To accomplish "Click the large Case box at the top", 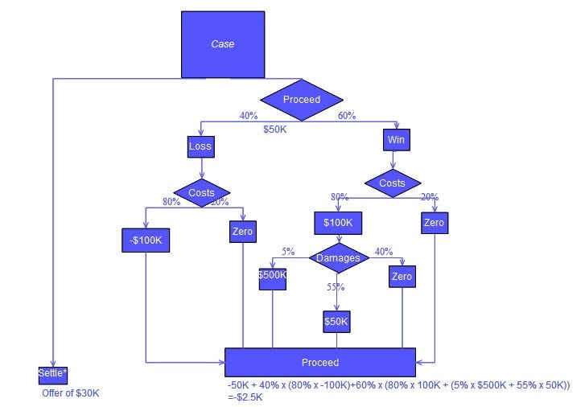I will click(x=222, y=44).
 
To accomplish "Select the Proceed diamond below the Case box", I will click(x=302, y=100).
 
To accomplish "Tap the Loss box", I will click(x=200, y=146).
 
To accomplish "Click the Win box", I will click(x=395, y=140).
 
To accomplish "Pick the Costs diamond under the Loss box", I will click(x=201, y=193).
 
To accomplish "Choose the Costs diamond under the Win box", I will click(x=392, y=183).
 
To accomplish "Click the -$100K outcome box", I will click(x=146, y=240).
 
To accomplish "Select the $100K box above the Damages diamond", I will click(x=339, y=223).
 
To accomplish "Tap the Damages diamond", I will click(x=339, y=258).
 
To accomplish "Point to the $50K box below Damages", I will click(x=336, y=322).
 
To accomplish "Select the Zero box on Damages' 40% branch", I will click(x=402, y=277).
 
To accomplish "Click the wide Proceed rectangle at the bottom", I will click(x=320, y=362).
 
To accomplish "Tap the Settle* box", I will click(x=52, y=375).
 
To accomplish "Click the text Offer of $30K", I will click(x=70, y=393).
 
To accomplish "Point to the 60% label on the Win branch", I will click(x=347, y=116).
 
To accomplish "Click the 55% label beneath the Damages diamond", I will click(x=336, y=287).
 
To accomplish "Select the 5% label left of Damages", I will click(x=288, y=251).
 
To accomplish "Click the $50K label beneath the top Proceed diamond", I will click(x=275, y=129).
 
